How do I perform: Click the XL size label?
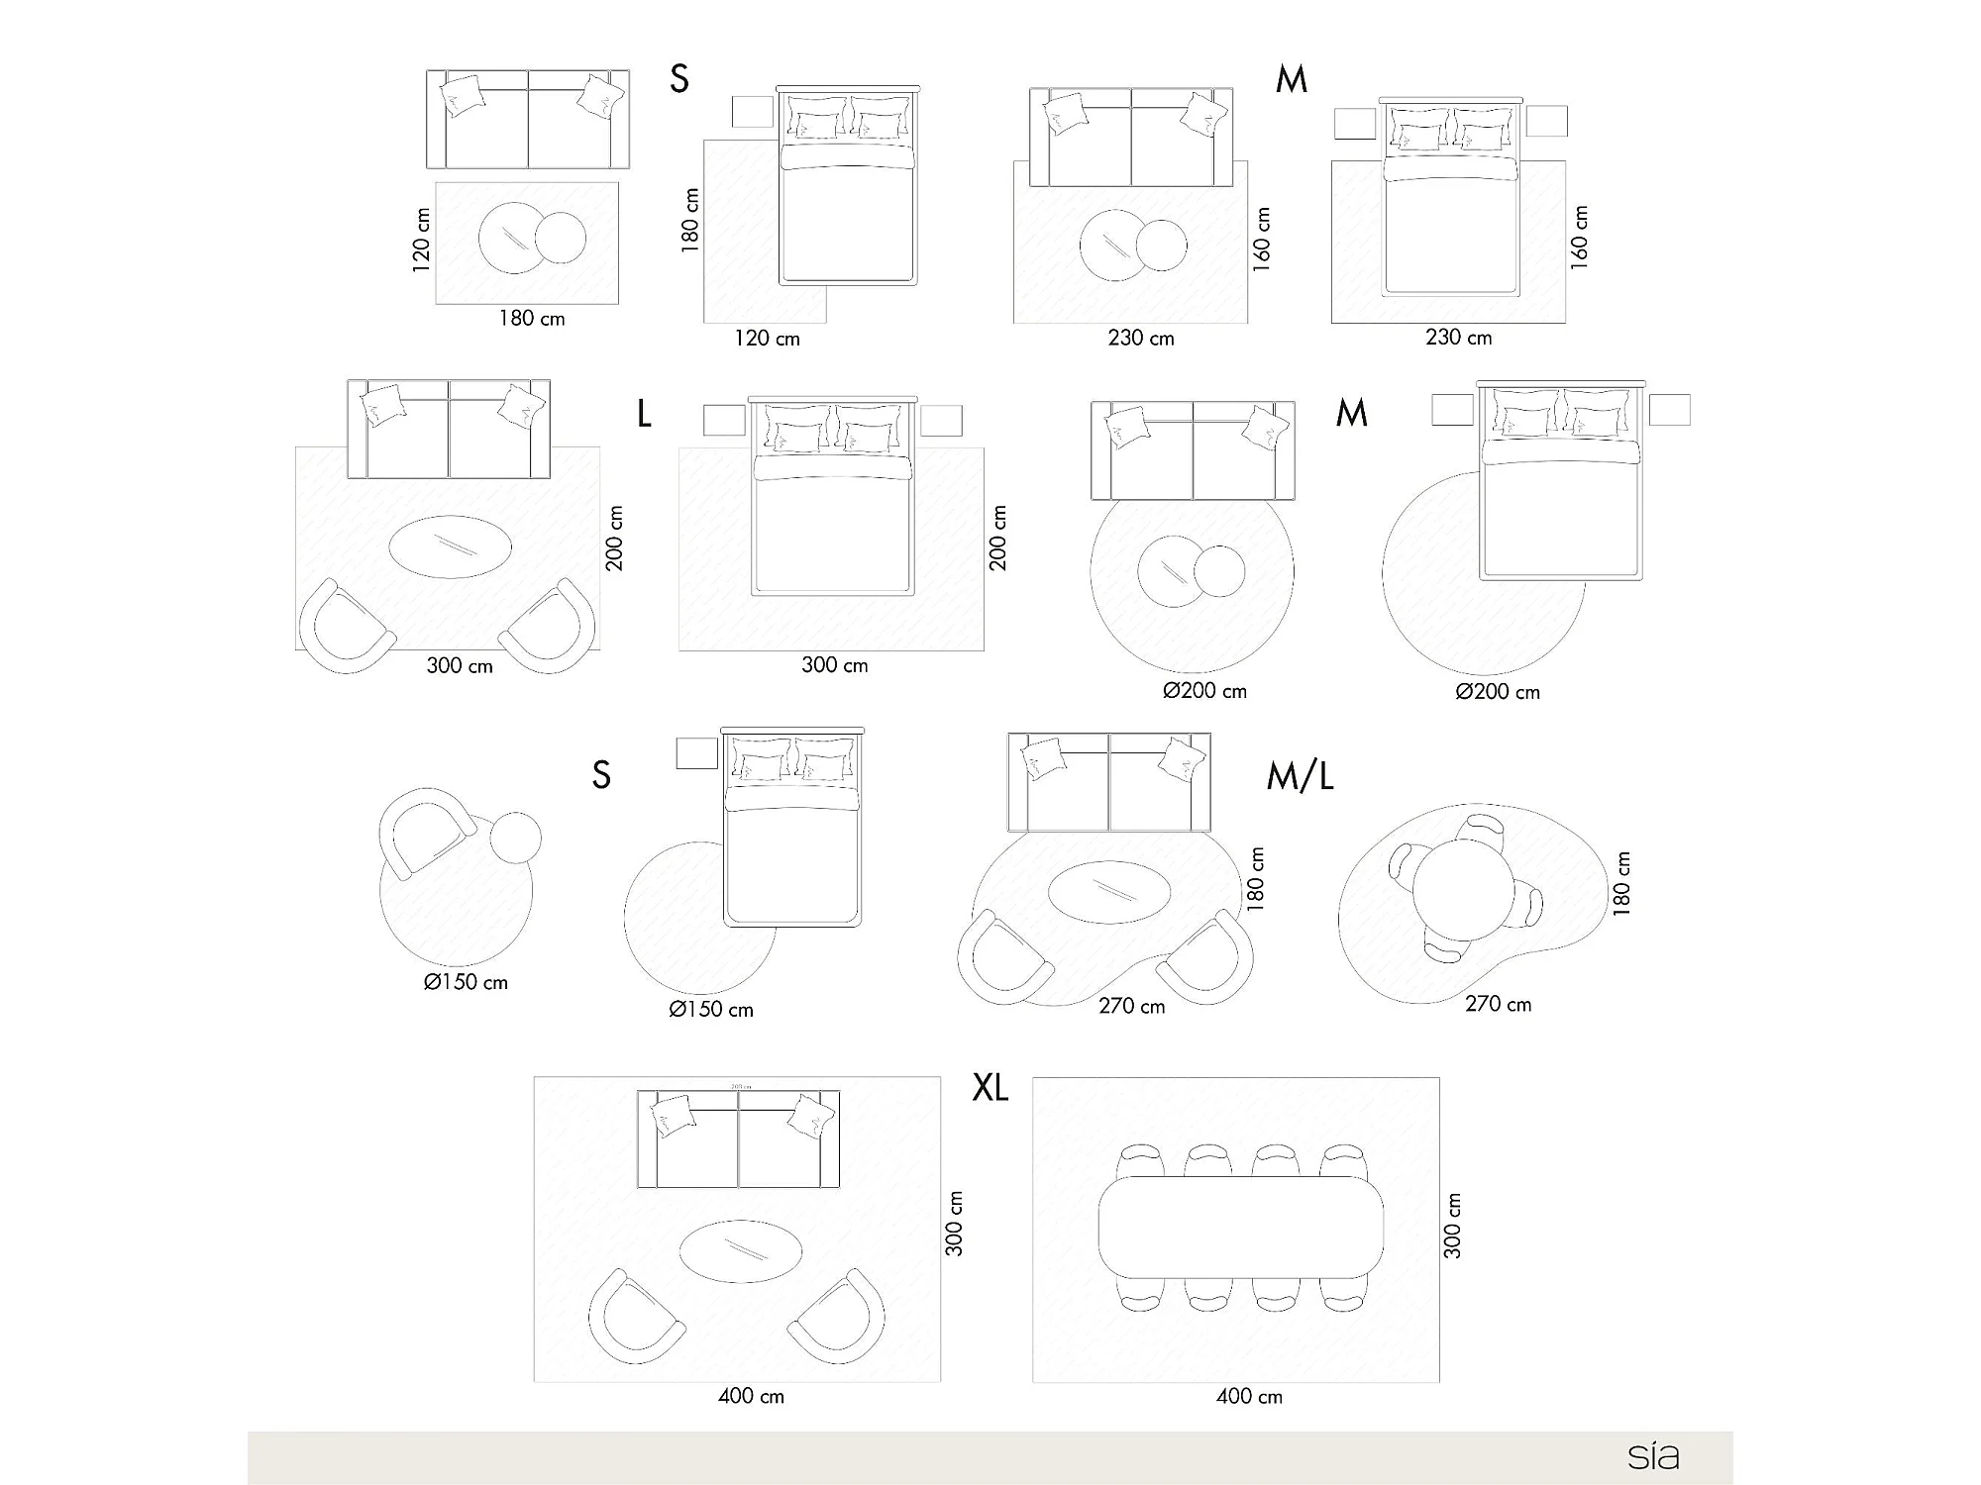coord(990,1088)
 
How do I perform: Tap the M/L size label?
coord(1300,777)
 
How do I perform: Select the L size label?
coord(644,414)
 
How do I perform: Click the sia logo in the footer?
coord(1653,1456)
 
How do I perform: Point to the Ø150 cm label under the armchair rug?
coord(466,982)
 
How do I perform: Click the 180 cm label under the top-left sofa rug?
coord(532,319)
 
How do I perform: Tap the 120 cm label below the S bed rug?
coord(767,339)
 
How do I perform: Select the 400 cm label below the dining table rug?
coord(1249,1397)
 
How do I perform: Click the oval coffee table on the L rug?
coord(451,546)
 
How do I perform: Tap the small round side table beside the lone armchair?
coord(515,838)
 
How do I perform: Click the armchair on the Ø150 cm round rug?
coord(424,832)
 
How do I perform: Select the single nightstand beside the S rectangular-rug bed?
coord(752,111)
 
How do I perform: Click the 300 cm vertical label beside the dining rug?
coord(1452,1226)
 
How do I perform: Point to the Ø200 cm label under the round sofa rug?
coord(1204,691)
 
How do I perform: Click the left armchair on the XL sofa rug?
coord(634,1317)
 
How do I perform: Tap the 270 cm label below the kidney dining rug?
coord(1498,1004)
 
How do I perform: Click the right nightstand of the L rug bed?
coord(941,420)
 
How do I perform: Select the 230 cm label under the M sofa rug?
coord(1141,339)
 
